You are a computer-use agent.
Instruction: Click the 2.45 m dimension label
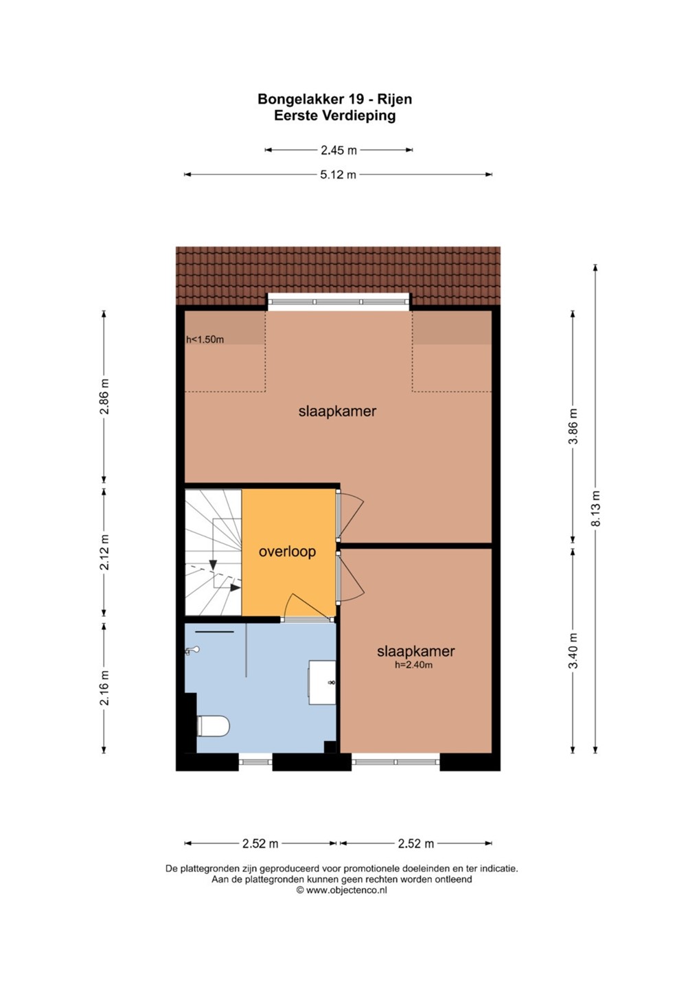(x=339, y=150)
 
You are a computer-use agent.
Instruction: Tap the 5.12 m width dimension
(x=338, y=174)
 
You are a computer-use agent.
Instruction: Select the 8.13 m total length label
(x=596, y=508)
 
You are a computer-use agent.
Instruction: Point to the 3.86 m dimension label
(x=573, y=427)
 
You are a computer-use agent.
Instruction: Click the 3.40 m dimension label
(x=573, y=651)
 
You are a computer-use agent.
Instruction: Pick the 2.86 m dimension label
(x=104, y=396)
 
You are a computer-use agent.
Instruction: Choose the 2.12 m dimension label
(x=104, y=552)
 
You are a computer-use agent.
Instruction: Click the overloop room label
(x=287, y=552)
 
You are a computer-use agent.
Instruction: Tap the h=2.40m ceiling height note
(x=413, y=665)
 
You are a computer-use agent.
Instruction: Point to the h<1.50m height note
(x=205, y=339)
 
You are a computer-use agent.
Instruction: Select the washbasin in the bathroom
(x=322, y=682)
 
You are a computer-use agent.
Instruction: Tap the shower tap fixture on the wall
(x=192, y=650)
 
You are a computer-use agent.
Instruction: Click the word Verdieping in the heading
(x=359, y=115)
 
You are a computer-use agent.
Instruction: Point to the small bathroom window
(x=255, y=762)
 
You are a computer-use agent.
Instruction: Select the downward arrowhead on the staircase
(x=213, y=565)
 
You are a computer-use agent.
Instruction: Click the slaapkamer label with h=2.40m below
(x=415, y=651)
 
